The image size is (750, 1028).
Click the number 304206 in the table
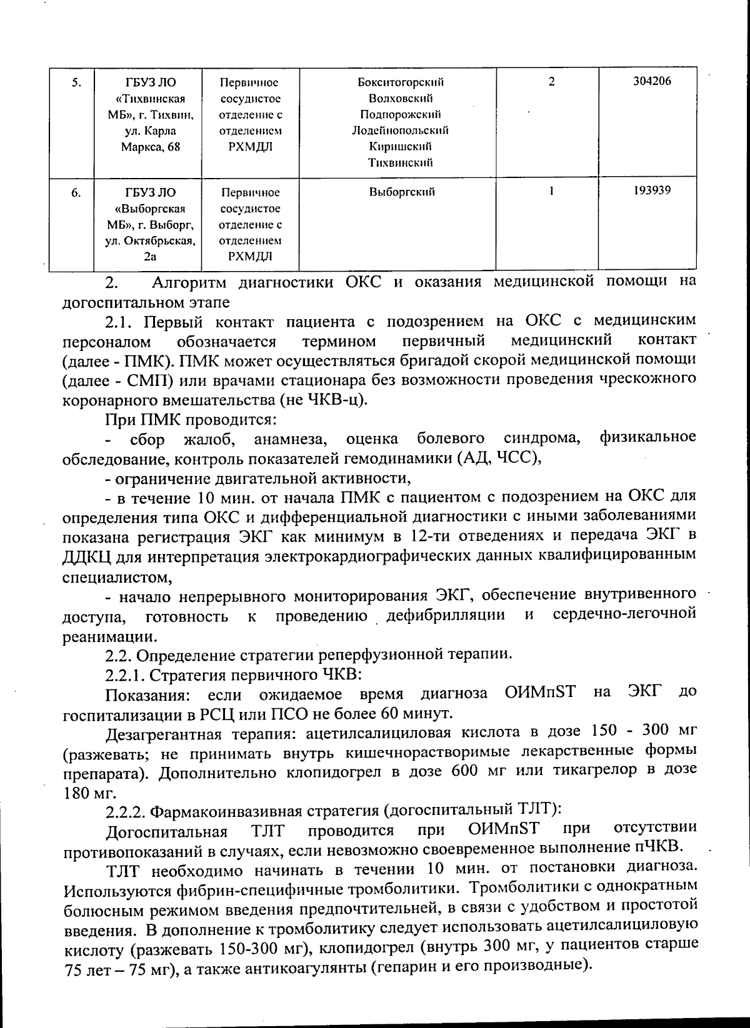tap(652, 81)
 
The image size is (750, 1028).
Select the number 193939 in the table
tap(652, 190)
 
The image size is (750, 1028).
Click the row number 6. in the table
tap(76, 193)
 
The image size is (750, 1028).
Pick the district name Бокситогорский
tap(401, 82)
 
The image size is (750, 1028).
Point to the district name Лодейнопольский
tap(400, 131)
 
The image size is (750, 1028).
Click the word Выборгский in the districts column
tap(402, 192)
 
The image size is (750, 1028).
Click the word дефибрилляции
tap(446, 615)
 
